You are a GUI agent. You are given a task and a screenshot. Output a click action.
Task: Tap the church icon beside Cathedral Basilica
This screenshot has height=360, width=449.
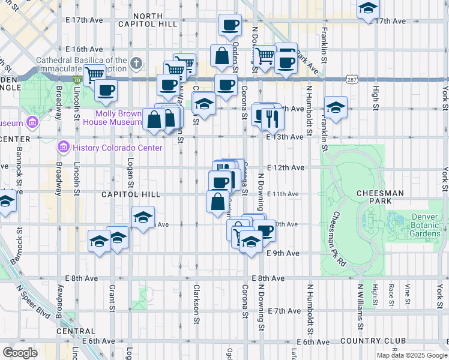coord(137,62)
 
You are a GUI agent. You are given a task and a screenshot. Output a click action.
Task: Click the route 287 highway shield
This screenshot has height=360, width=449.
coord(352,79)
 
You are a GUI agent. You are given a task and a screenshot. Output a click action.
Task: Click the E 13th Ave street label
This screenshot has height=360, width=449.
coord(285,137)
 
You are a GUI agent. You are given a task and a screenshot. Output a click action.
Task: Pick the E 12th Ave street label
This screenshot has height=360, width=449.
coord(285,167)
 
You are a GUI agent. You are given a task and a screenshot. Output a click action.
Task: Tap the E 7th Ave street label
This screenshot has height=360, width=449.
coord(285,311)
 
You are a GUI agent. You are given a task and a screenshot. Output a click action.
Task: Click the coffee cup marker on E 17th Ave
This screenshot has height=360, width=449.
coord(230,25)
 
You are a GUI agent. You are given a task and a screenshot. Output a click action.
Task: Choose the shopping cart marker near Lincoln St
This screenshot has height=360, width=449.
coord(94,76)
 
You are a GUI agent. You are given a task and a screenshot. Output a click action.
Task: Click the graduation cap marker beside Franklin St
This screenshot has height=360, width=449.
coord(336,107)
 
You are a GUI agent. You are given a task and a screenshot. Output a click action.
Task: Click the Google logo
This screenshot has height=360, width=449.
coord(20,352)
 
